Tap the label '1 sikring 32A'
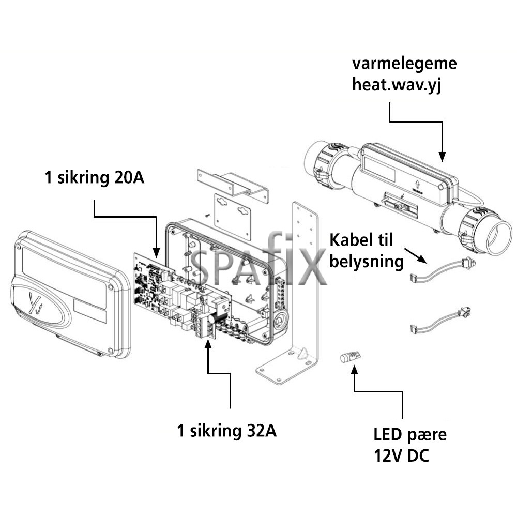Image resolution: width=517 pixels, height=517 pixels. (226, 431)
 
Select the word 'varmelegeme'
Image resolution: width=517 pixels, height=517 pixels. (404, 64)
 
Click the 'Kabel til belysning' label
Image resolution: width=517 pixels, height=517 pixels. (366, 251)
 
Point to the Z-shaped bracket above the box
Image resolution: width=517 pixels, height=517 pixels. (233, 184)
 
